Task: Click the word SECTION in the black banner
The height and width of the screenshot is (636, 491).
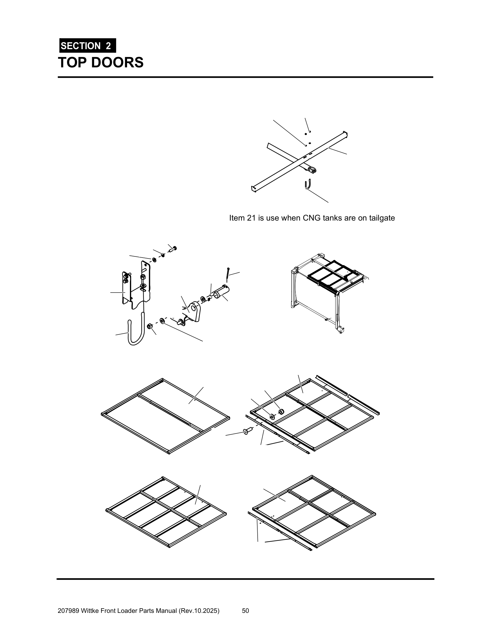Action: click(81, 46)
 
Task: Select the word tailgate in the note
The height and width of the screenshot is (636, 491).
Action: click(382, 218)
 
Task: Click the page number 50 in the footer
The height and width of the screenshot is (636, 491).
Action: click(245, 608)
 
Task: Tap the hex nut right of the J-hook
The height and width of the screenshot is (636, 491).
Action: click(150, 326)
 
